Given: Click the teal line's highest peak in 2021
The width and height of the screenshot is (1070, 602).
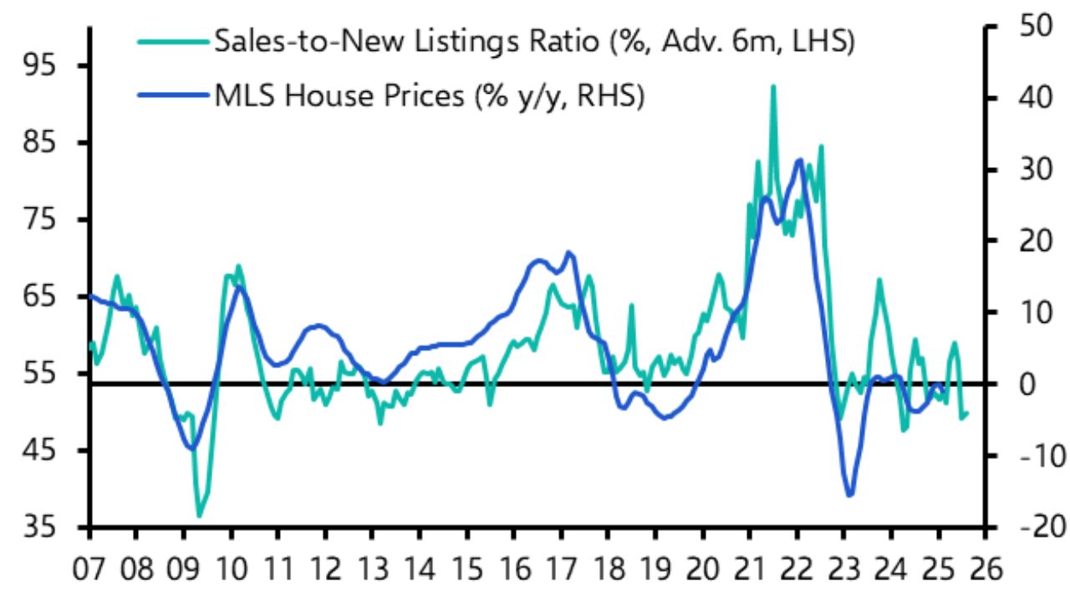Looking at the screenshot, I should tap(772, 85).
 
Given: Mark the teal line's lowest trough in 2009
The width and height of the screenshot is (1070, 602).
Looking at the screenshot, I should tap(199, 516).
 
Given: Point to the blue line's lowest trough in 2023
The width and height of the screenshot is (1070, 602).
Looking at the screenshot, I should tap(850, 495).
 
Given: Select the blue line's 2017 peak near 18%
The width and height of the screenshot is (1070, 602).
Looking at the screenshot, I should tap(568, 252).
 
